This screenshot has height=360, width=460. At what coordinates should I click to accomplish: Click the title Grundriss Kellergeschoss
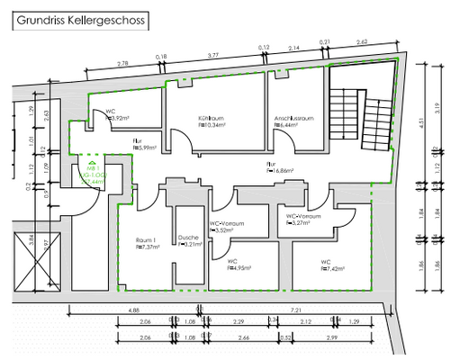77,17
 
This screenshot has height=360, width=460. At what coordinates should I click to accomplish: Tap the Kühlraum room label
210,119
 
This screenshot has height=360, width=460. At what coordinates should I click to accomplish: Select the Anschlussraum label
294,119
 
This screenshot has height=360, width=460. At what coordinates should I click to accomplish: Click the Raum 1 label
146,240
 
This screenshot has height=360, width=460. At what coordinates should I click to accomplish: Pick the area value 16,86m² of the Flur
275,171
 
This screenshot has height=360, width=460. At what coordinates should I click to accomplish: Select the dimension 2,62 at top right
362,41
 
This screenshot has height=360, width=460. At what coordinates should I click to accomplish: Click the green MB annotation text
92,174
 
